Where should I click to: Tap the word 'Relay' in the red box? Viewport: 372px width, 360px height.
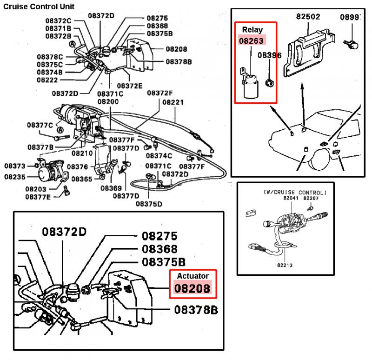point(252,30)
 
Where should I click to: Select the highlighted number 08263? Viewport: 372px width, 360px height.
point(252,40)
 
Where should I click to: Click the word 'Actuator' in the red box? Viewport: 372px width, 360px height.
point(193,276)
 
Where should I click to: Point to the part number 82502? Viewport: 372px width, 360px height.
point(308,17)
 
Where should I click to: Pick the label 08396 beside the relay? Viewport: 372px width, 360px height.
point(269,55)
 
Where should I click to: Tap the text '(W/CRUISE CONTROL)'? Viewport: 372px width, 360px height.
point(294,192)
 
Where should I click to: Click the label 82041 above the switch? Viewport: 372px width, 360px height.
point(291,198)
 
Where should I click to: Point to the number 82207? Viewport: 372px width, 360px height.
point(311,198)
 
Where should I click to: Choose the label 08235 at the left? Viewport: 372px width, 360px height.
point(14,177)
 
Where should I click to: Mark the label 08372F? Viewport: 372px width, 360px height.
point(159,93)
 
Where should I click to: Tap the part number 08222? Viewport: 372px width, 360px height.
point(48,80)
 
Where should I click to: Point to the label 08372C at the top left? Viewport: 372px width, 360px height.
point(58,20)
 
